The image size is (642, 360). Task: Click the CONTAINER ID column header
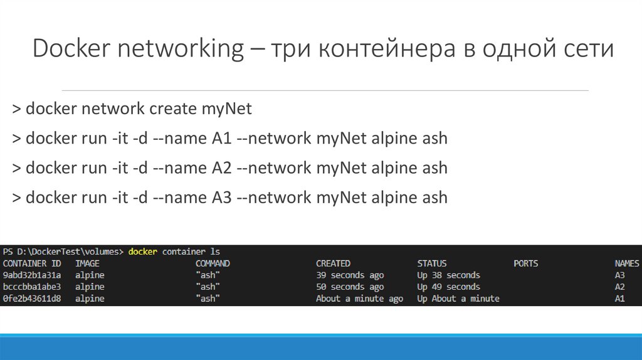point(32,263)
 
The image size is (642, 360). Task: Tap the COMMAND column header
point(213,263)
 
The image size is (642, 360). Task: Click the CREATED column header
point(333,263)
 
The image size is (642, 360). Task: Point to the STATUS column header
point(432,263)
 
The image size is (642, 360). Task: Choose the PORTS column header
point(525,263)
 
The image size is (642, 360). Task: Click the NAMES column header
point(627,263)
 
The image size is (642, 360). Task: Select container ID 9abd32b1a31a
point(32,275)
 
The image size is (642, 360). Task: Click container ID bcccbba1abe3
point(32,287)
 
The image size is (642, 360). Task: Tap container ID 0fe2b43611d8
point(32,299)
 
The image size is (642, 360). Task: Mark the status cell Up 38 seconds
point(448,275)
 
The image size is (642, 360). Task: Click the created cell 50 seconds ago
point(350,287)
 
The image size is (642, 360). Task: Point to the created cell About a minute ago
point(359,299)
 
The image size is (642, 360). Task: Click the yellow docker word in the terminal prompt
point(143,251)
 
